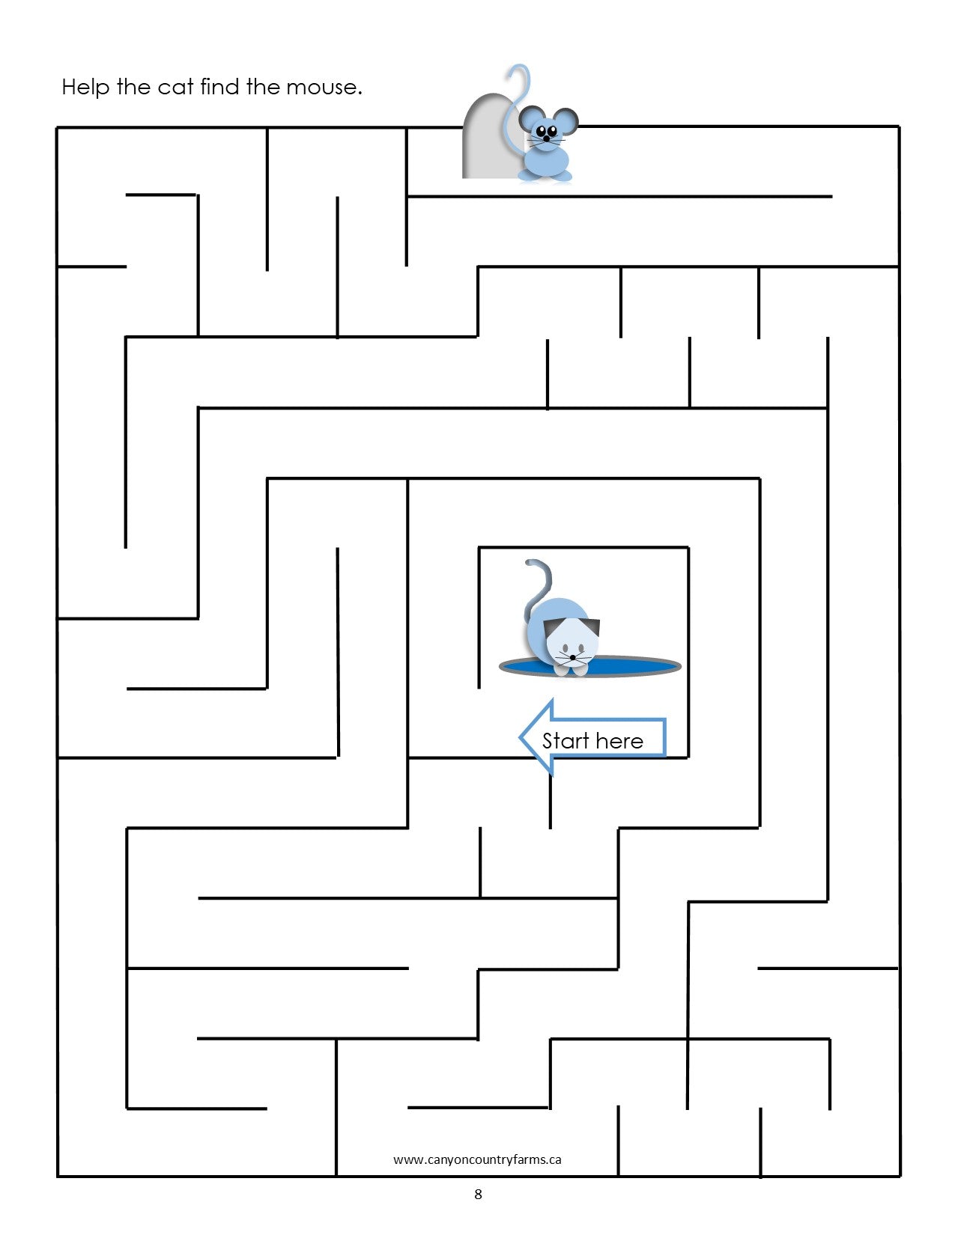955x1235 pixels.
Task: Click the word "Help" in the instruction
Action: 85,87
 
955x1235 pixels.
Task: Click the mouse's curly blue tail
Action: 517,90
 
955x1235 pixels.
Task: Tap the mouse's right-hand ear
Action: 567,121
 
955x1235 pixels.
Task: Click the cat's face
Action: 572,645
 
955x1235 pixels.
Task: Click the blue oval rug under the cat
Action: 637,665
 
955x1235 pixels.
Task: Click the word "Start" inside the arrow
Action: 565,741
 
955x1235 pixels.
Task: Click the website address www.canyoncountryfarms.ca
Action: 477,1159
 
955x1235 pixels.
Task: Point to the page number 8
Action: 478,1194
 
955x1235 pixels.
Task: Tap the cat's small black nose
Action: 572,656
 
